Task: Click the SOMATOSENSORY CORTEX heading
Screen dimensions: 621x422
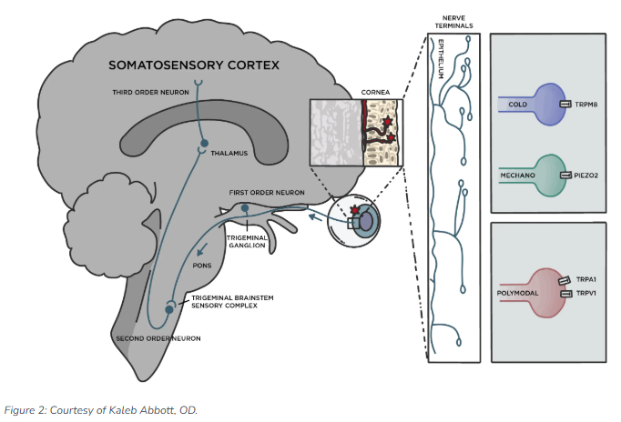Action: (194, 65)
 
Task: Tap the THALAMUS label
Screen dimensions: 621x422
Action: (229, 153)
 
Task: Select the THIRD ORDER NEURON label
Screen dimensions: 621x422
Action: (150, 92)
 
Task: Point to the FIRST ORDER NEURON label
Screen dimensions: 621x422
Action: (267, 193)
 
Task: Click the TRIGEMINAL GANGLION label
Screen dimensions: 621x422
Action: (247, 242)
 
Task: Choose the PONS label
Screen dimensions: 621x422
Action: (202, 266)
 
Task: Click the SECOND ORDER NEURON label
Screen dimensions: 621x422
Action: (158, 338)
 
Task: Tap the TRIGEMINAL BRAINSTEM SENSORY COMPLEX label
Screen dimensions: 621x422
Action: (232, 302)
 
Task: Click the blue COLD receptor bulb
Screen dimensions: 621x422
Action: (551, 105)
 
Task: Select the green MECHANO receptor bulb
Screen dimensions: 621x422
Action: (551, 176)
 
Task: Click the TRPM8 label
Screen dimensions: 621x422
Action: (586, 105)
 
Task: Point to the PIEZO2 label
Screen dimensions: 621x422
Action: (586, 176)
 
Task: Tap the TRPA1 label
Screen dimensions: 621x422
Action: (586, 279)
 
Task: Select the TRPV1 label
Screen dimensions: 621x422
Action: (586, 294)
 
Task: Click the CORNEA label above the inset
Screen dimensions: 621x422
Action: (375, 92)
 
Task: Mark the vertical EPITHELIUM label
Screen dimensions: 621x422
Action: (441, 59)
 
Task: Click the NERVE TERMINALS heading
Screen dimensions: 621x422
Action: (453, 22)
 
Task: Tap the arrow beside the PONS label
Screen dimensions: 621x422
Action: (202, 249)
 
